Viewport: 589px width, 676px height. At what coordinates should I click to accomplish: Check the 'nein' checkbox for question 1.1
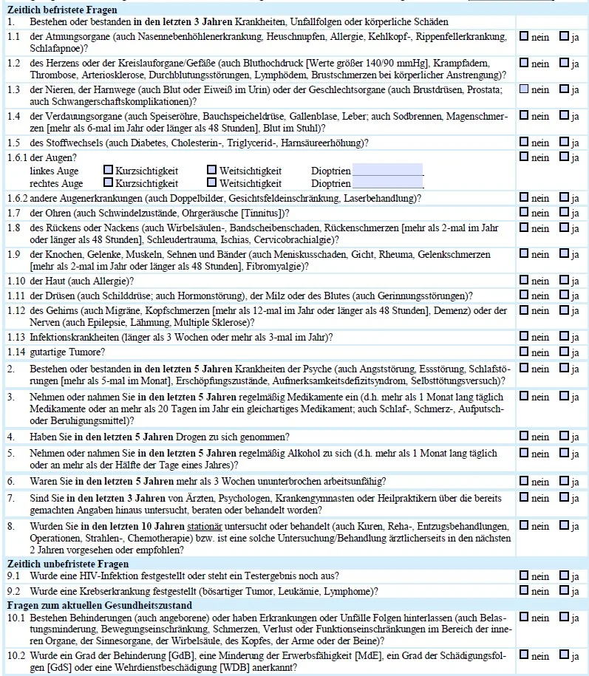click(524, 36)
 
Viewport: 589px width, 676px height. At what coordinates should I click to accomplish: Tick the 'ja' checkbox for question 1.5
click(564, 142)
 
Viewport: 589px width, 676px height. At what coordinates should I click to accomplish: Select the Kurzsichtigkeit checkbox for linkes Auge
click(108, 171)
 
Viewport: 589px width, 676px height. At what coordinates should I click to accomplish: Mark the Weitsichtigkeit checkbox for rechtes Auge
click(212, 183)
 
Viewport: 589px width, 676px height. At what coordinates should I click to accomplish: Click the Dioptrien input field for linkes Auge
click(387, 170)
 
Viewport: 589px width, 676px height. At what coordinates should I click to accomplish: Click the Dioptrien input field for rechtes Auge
click(387, 182)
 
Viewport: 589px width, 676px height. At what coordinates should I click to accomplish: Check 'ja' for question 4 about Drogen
click(564, 437)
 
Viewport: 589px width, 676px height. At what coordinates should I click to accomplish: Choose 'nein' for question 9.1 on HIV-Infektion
click(524, 576)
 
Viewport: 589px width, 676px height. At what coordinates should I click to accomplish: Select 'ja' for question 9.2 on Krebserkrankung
click(564, 591)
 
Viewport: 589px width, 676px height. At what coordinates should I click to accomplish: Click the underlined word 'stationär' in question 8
click(208, 526)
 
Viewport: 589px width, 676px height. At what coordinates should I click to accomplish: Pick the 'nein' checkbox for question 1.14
click(524, 352)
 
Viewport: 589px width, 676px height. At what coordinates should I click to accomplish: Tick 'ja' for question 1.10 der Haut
click(564, 281)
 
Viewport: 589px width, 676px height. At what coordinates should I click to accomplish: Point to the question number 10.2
click(16, 655)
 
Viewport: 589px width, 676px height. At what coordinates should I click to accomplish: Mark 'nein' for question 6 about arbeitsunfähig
click(524, 482)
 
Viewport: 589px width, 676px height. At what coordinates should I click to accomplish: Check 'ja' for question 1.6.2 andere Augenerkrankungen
click(564, 198)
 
